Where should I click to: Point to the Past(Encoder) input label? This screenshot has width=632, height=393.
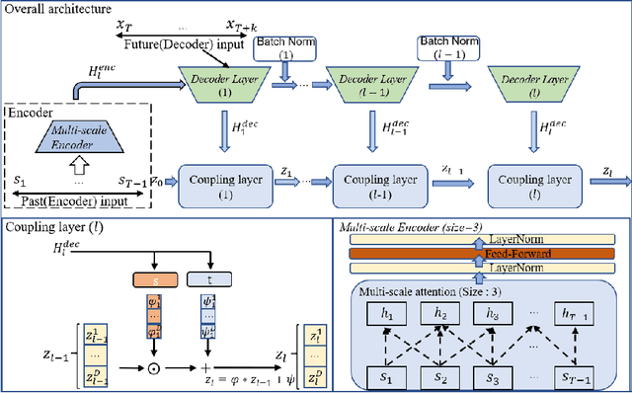74,200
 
